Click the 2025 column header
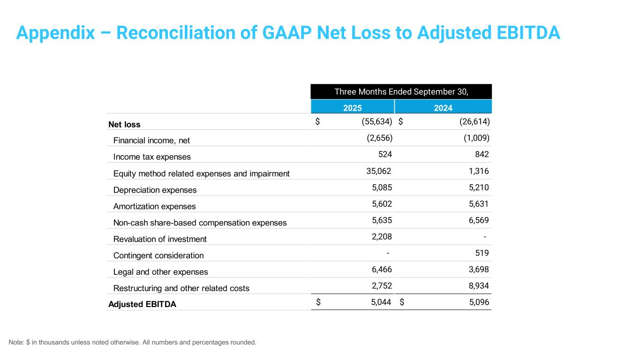tap(352, 108)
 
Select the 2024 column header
tap(443, 108)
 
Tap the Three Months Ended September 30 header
tap(401, 92)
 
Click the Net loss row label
tap(124, 124)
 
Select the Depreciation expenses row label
tap(155, 190)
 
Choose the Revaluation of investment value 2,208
tap(381, 237)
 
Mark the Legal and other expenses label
tap(160, 272)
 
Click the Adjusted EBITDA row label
tap(142, 304)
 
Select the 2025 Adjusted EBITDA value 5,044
tap(381, 302)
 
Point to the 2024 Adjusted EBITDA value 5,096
tap(479, 302)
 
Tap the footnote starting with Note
tap(132, 342)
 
